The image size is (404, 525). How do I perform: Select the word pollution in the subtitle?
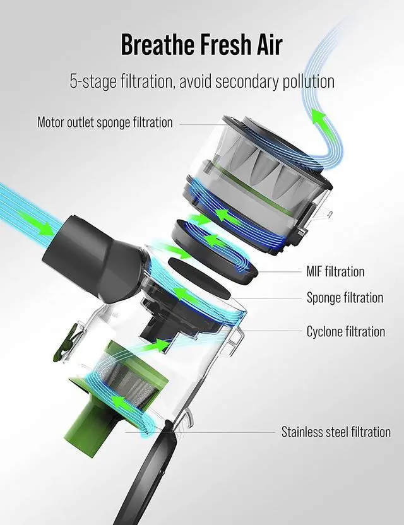[x=308, y=81]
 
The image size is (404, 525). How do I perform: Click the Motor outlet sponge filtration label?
[x=105, y=122]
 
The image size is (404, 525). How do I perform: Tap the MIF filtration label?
[x=335, y=271]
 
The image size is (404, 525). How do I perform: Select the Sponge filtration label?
[x=345, y=297]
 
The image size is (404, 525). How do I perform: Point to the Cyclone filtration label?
[x=346, y=331]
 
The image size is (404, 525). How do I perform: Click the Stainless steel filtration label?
[x=336, y=432]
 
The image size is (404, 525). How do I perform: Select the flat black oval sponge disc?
[x=199, y=278]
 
